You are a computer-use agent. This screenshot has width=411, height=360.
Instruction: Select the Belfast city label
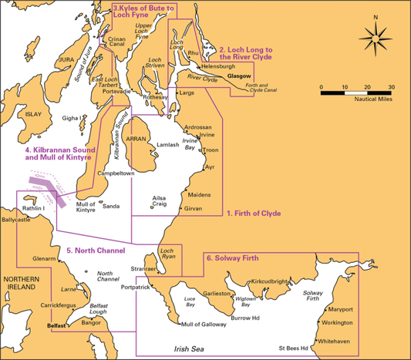pyautogui.click(x=59, y=326)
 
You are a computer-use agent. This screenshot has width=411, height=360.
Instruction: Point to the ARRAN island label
pyautogui.click(x=136, y=139)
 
